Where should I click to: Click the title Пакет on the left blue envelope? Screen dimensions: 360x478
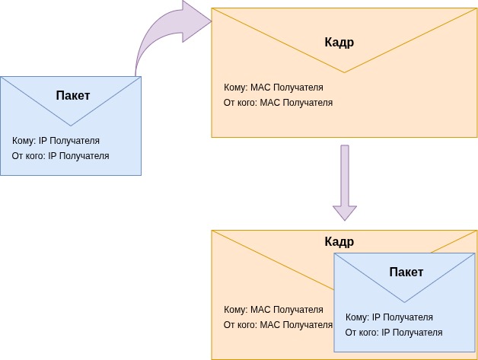(x=72, y=96)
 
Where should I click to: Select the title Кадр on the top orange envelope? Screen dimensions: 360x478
(x=339, y=43)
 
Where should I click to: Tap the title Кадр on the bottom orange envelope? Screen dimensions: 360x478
(x=339, y=242)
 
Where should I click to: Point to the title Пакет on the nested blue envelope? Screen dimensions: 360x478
(x=406, y=272)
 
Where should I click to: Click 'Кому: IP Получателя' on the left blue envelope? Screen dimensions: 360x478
(x=56, y=141)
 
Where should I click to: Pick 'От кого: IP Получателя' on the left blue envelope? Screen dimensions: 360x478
(x=60, y=156)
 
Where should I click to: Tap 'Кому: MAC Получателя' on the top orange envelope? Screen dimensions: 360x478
(x=273, y=88)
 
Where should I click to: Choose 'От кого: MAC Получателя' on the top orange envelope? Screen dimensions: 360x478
(x=278, y=103)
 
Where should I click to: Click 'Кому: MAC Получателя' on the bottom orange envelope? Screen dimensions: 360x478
(x=273, y=310)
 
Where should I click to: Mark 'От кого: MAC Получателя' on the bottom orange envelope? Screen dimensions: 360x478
(x=278, y=325)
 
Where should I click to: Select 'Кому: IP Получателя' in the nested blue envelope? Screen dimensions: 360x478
(x=389, y=317)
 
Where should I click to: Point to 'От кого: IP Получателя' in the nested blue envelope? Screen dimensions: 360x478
(x=394, y=333)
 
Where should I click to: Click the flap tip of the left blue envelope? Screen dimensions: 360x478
(x=71, y=124)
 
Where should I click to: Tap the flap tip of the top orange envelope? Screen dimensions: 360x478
(x=344, y=72)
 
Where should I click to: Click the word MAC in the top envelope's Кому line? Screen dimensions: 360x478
(x=270, y=88)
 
